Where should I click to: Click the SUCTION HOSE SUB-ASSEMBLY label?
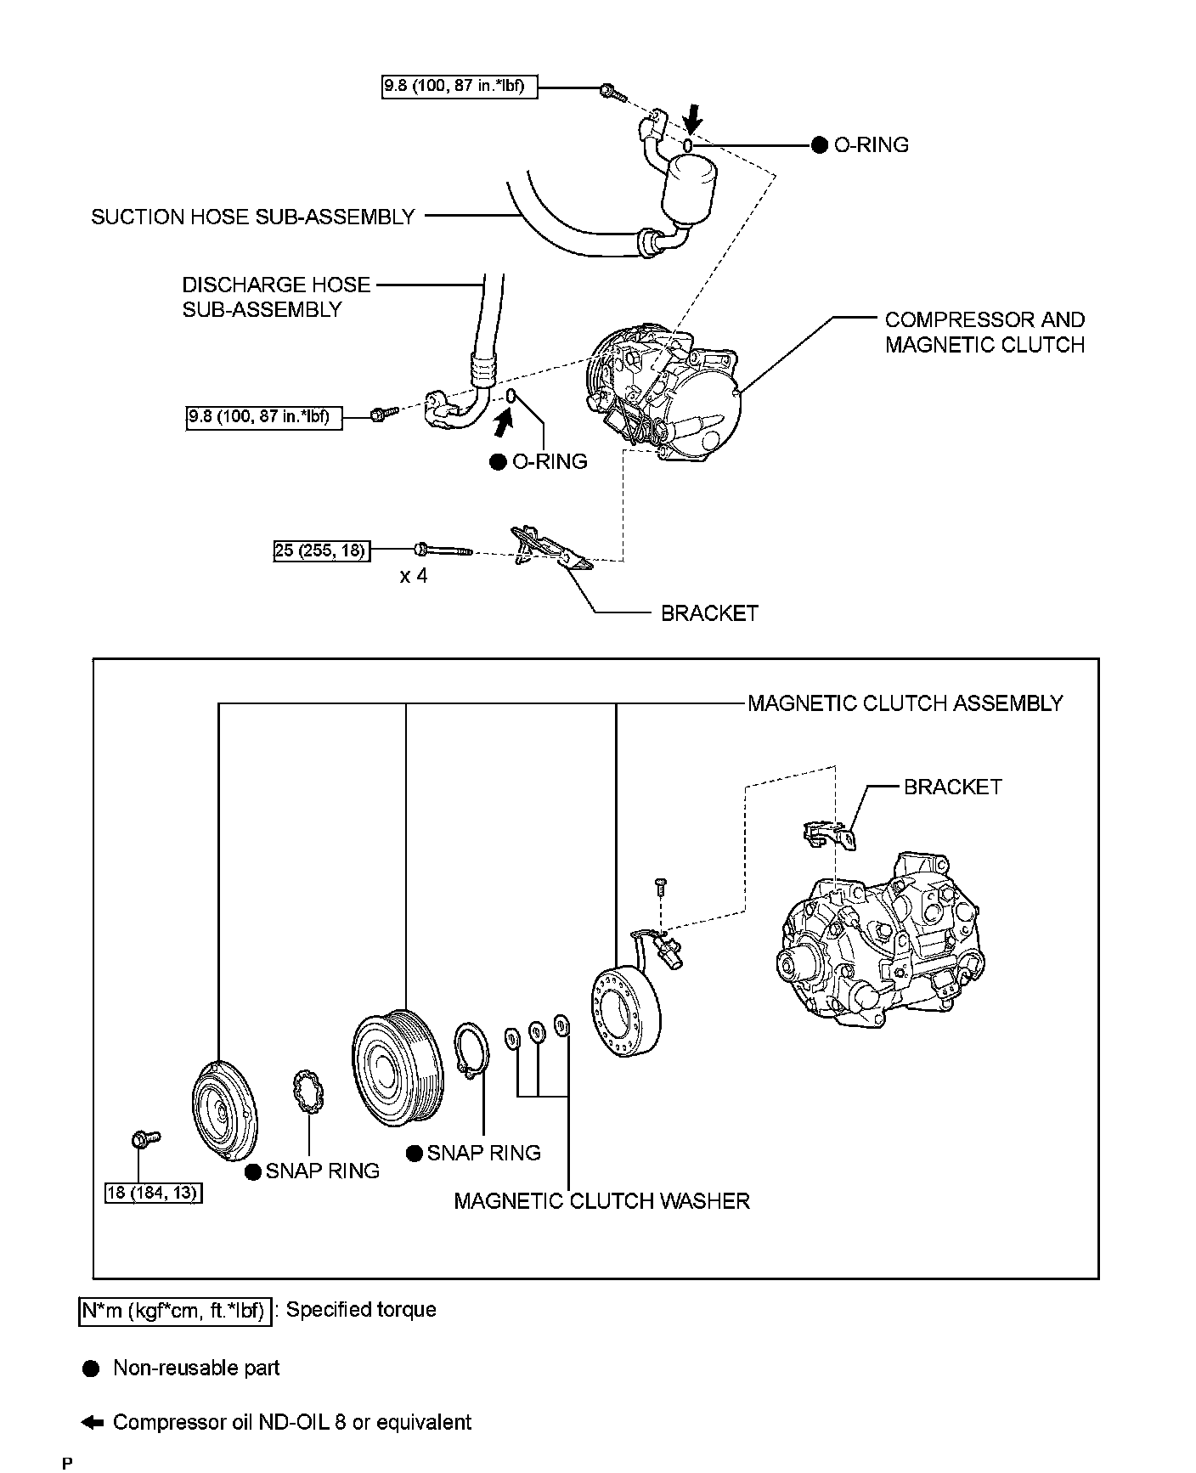[x=252, y=217]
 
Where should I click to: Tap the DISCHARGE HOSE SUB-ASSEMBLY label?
[x=276, y=296]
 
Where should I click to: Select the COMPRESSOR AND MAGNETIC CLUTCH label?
[x=984, y=332]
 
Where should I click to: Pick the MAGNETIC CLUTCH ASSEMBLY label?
[x=905, y=703]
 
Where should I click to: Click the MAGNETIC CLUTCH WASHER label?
[x=601, y=1200]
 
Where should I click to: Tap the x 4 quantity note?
[x=414, y=576]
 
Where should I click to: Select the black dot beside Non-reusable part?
[x=91, y=1369]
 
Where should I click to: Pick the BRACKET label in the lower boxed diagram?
[x=952, y=787]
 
